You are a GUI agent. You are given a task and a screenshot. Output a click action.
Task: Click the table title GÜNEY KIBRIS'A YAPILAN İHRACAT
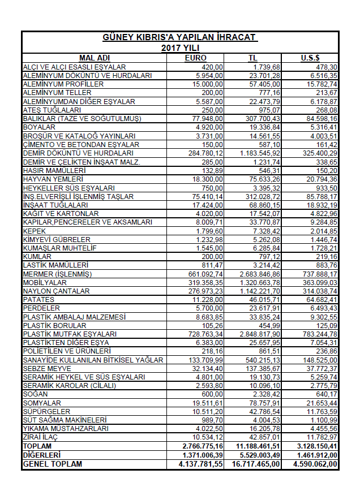[x=179, y=37]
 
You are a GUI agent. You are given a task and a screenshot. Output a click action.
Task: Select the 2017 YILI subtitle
[x=179, y=48]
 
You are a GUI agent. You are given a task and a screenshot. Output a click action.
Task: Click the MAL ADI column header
[x=95, y=58]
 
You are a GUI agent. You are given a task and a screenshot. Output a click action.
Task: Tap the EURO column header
[x=196, y=58]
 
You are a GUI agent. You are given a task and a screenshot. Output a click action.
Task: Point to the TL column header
[x=252, y=58]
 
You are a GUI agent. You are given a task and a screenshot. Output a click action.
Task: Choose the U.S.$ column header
[x=311, y=58]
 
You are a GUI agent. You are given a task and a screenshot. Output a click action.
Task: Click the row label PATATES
[x=38, y=299]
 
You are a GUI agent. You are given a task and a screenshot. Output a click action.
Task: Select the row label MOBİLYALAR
[x=45, y=282]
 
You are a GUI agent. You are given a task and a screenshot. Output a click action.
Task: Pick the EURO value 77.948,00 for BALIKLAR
[x=208, y=118]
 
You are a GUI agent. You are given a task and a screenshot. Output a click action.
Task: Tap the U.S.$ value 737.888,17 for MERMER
[x=318, y=274]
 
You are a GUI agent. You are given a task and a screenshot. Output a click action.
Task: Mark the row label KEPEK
[x=33, y=231]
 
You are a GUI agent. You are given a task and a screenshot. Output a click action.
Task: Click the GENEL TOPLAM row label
[x=52, y=464]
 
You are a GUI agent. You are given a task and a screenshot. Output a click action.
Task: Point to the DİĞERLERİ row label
[x=42, y=455]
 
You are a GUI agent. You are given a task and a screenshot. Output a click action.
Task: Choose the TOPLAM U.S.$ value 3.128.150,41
[x=316, y=446]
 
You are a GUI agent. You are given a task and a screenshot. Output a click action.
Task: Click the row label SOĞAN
[x=35, y=394]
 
